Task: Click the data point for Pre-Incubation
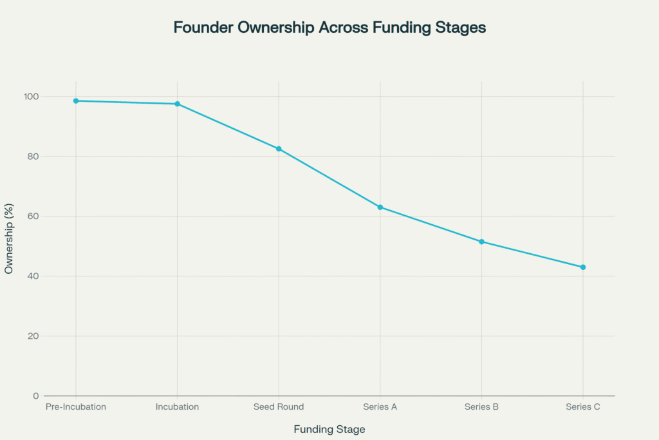(76, 101)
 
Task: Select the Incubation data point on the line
(177, 104)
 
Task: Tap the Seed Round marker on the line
(279, 149)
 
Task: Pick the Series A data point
(380, 207)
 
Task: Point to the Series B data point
(481, 242)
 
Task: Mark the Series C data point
(583, 267)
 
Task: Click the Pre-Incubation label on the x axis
(76, 407)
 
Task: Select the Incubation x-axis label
(177, 407)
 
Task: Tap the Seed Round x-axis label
(279, 407)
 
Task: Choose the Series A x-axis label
(380, 407)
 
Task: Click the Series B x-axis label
(481, 407)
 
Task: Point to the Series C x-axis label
(583, 407)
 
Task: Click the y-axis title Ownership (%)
(9, 246)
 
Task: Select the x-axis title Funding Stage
(329, 429)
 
